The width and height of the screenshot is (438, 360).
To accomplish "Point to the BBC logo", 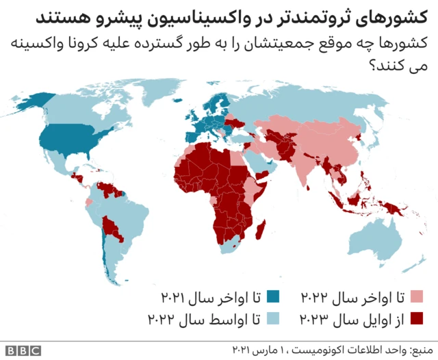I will tap(24, 350).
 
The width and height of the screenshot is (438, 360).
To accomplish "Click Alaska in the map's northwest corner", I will tap(27, 103).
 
